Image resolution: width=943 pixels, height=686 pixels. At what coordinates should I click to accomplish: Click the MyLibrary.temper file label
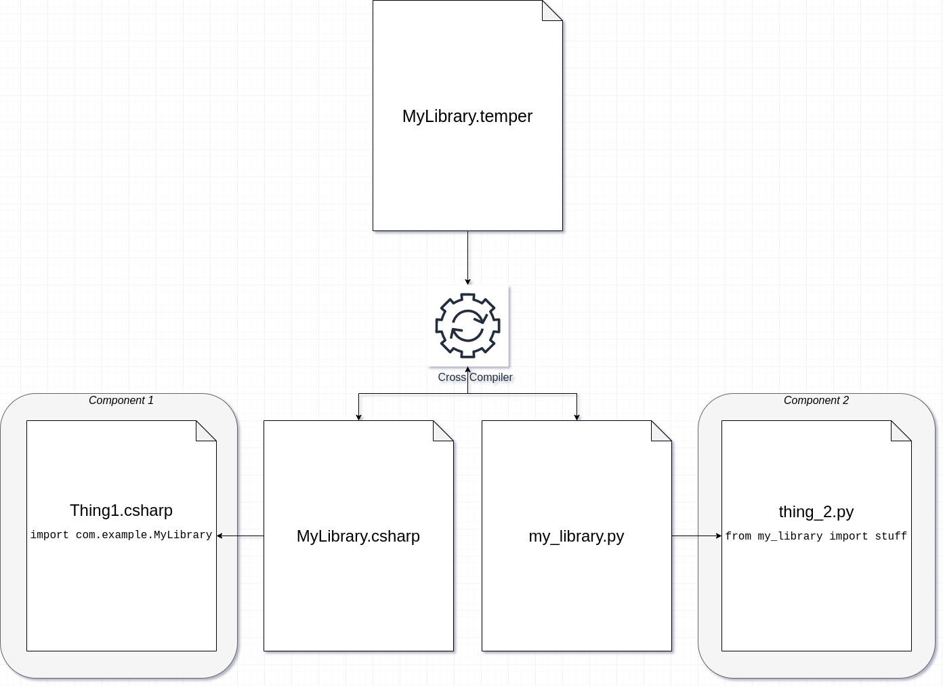[467, 116]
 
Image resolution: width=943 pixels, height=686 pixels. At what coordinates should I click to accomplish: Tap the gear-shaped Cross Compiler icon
[467, 325]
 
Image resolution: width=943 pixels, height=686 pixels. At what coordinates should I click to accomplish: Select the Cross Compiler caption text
[475, 378]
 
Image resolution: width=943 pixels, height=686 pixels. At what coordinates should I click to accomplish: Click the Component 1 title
[121, 401]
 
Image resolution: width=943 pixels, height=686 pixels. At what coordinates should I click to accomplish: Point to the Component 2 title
[816, 401]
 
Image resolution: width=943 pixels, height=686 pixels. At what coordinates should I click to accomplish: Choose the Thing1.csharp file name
[121, 510]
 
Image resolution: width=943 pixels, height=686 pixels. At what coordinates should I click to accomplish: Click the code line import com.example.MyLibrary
[121, 535]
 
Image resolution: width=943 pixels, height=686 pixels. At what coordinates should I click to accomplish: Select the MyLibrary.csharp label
[358, 536]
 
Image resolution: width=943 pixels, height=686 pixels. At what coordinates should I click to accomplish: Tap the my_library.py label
[577, 536]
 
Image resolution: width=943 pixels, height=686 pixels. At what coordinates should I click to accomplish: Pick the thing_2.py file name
[816, 512]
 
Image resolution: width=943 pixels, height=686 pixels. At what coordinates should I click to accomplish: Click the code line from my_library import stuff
[816, 536]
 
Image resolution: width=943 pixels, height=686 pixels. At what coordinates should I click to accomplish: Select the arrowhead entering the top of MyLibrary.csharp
[358, 417]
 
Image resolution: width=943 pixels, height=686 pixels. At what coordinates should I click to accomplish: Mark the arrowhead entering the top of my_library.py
[577, 417]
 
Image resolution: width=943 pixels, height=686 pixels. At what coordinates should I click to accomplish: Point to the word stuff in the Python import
[891, 536]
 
